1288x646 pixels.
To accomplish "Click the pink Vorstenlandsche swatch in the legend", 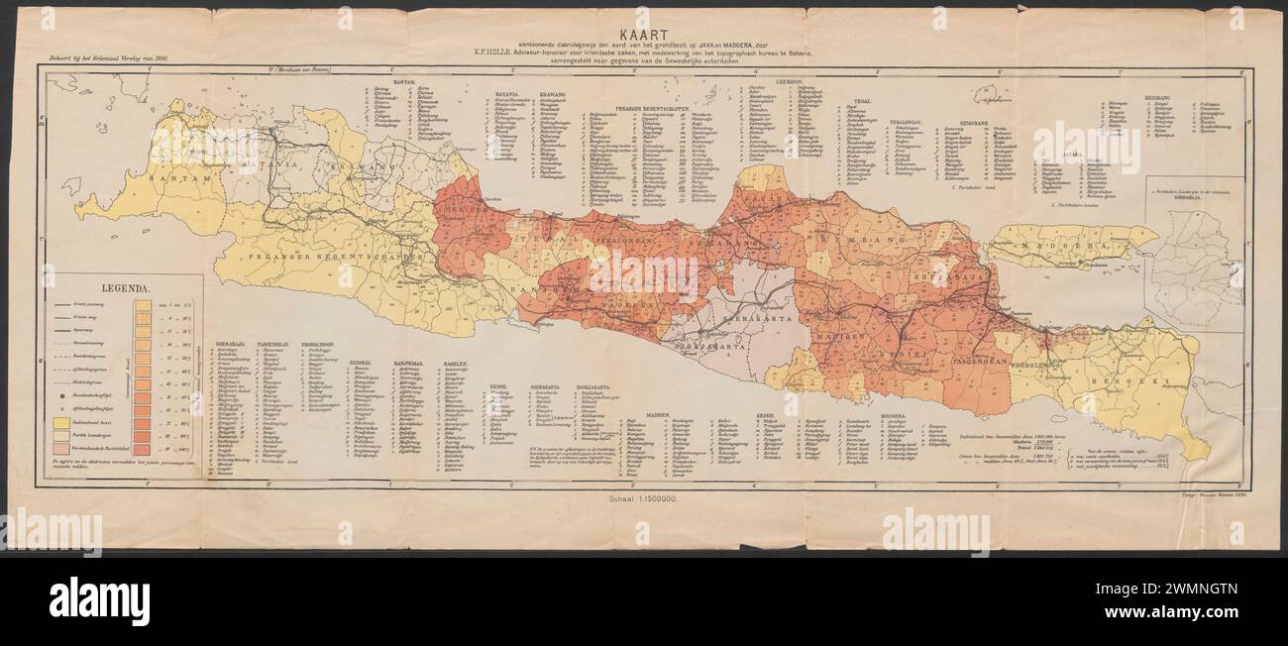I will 67,452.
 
